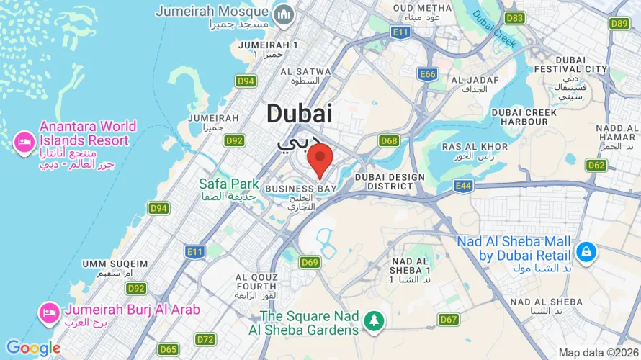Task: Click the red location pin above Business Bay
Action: click(x=320, y=159)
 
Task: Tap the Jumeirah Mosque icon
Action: click(x=284, y=13)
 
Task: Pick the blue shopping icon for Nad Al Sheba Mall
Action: click(x=586, y=252)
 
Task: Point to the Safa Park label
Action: click(x=229, y=184)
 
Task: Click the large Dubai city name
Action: click(x=299, y=113)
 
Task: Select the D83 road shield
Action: click(x=514, y=18)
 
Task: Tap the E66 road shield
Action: click(x=428, y=74)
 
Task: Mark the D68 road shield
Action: click(x=389, y=140)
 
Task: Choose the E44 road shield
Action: click(x=464, y=186)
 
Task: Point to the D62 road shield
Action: click(x=596, y=165)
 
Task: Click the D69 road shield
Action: click(x=310, y=262)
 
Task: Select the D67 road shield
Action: click(x=448, y=319)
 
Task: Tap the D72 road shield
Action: click(x=205, y=339)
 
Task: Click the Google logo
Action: click(x=33, y=348)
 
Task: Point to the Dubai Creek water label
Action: click(x=495, y=32)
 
